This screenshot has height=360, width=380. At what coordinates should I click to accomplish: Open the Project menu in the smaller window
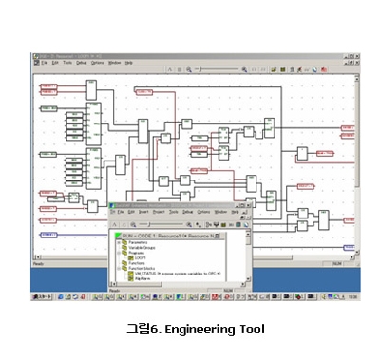158,212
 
